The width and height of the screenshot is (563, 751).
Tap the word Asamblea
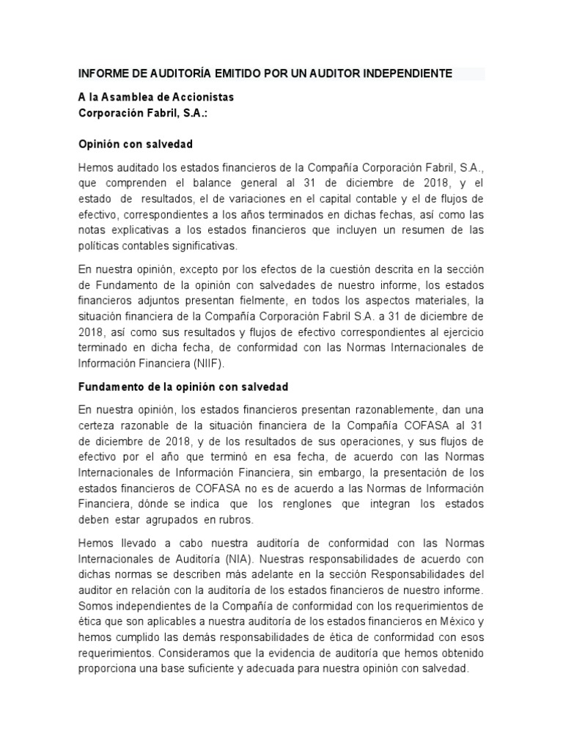[x=128, y=97]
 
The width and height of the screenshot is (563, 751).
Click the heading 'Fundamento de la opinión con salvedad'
[x=183, y=386]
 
